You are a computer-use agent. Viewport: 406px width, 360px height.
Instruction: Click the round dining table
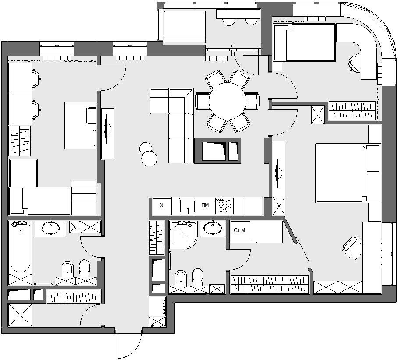[227, 101]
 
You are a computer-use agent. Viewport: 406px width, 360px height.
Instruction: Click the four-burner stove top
[224, 206]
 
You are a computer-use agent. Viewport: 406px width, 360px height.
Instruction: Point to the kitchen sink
[188, 206]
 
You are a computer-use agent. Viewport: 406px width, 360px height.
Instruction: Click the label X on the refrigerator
[162, 205]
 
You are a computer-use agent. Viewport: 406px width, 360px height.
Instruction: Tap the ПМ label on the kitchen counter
[205, 205]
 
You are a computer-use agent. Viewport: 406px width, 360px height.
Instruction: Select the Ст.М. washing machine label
[240, 230]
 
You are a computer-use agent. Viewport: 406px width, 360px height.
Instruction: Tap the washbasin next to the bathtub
[50, 228]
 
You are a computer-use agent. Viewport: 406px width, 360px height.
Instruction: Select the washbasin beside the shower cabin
[213, 228]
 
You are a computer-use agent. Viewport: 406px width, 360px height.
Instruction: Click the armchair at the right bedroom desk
[353, 247]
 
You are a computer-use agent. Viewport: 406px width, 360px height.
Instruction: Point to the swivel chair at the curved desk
[354, 62]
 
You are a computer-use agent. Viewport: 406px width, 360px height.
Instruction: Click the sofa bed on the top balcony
[184, 26]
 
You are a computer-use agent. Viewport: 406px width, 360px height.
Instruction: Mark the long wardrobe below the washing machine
[270, 284]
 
